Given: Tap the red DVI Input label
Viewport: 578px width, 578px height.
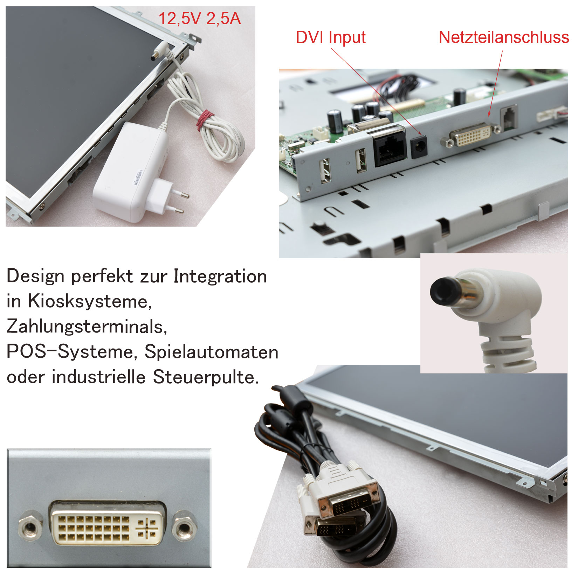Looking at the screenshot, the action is tap(331, 37).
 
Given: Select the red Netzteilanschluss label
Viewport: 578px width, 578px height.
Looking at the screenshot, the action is tap(504, 37).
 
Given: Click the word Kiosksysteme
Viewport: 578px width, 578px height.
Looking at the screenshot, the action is tap(90, 301).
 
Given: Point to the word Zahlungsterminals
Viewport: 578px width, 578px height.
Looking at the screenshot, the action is tap(87, 326).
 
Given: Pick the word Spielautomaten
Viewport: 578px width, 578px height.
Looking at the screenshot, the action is tap(212, 352).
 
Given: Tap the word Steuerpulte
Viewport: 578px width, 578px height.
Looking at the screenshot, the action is tap(206, 377).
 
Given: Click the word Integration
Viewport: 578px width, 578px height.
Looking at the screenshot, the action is tap(220, 276).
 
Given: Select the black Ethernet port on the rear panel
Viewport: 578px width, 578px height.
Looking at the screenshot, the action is tap(390, 146).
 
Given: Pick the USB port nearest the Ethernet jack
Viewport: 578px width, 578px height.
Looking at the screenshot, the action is tap(360, 161).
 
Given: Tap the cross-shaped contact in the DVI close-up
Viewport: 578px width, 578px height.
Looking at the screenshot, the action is tap(146, 528).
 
